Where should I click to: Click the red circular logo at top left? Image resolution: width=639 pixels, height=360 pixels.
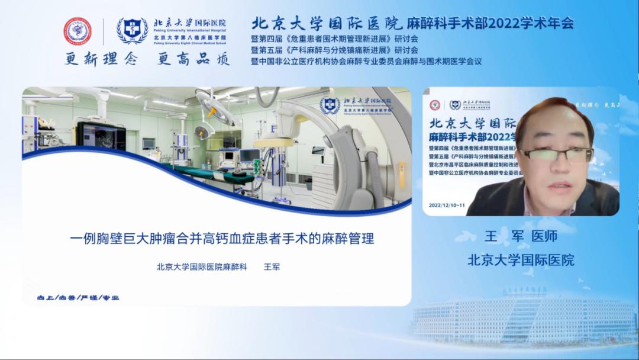pos(78,31)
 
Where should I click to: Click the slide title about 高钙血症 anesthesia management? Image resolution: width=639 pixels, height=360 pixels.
pos(222,240)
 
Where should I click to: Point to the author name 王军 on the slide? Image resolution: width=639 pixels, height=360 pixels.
pos(271,267)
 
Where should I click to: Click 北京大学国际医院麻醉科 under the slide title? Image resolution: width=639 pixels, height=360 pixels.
pos(201,267)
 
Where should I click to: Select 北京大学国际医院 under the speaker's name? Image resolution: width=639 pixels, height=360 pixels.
pos(521,259)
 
